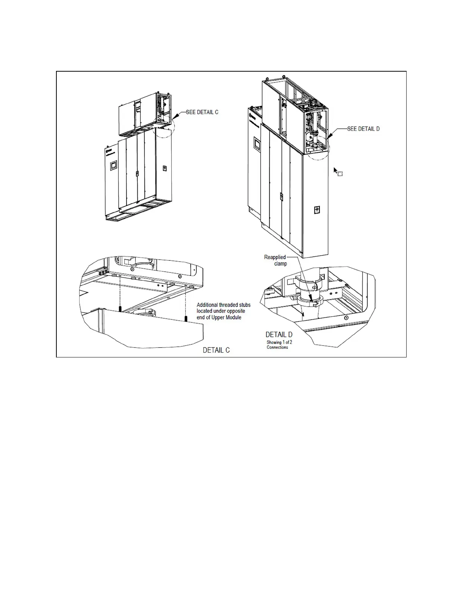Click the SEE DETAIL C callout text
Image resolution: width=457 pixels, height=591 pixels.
202,112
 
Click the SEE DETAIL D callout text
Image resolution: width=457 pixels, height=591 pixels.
363,129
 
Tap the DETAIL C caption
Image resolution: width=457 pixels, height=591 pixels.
216,350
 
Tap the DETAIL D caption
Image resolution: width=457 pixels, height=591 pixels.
279,335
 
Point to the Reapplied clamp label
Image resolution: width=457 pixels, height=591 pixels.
276,260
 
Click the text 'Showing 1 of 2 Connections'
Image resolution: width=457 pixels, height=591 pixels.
279,345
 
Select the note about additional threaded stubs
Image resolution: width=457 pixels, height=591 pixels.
223,311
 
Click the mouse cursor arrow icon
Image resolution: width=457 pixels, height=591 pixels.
336,171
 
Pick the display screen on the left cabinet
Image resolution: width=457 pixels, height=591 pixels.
113,165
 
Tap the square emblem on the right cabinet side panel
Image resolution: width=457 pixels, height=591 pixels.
317,210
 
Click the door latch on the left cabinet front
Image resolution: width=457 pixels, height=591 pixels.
137,173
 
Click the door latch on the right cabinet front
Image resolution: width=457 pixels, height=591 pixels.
281,196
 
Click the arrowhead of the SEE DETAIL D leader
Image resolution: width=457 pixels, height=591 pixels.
327,138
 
